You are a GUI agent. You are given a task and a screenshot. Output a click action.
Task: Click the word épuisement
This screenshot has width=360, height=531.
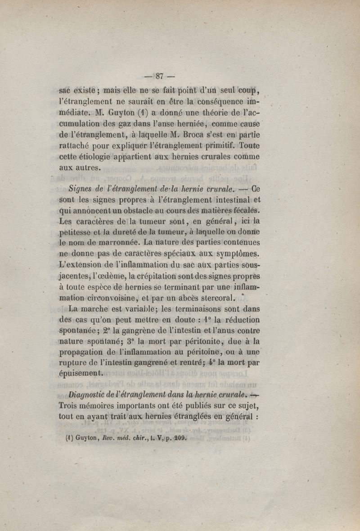[81, 373]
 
